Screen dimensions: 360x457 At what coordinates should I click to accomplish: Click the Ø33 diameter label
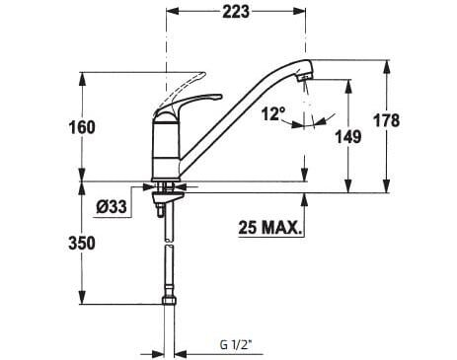111,207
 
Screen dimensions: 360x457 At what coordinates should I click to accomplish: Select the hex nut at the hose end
166,301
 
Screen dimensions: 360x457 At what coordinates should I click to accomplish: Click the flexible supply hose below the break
166,271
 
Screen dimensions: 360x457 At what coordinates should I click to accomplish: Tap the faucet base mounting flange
166,183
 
